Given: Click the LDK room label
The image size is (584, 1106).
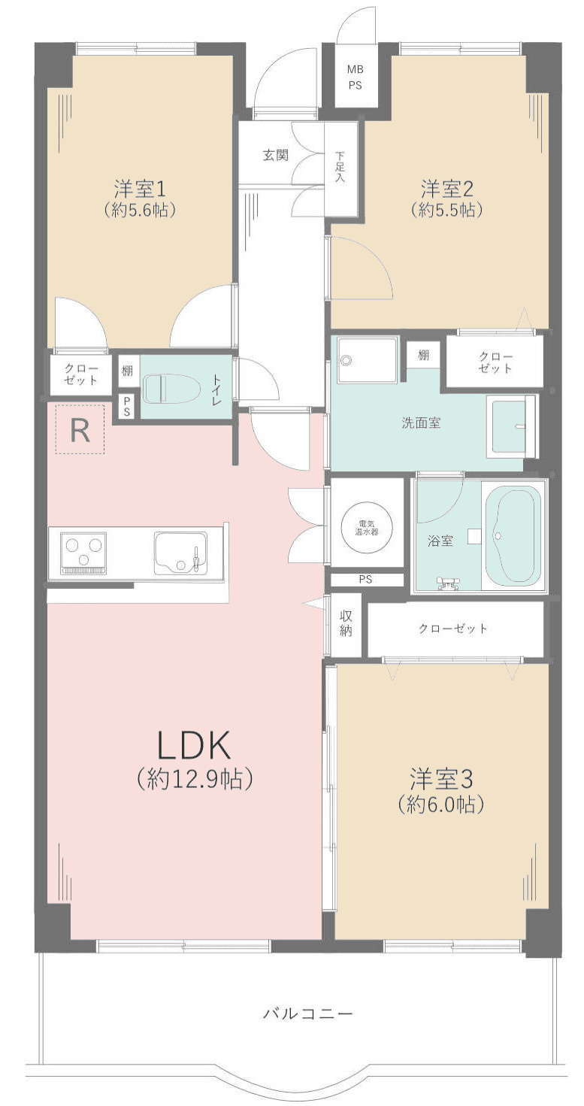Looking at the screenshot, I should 193,746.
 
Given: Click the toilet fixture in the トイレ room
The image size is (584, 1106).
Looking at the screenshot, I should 171,389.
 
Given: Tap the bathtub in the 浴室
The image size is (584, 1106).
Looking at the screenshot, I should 514,535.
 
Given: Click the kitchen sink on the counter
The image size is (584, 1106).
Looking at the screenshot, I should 180,553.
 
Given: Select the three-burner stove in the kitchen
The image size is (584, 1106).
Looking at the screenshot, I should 83,553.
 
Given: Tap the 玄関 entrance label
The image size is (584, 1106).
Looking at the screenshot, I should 276,156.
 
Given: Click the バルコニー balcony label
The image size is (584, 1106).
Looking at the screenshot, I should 307,1014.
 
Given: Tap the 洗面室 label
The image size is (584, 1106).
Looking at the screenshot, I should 420,423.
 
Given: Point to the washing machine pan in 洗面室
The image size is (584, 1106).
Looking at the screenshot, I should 368,360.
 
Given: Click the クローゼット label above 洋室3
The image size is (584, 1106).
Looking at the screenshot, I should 453,628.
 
